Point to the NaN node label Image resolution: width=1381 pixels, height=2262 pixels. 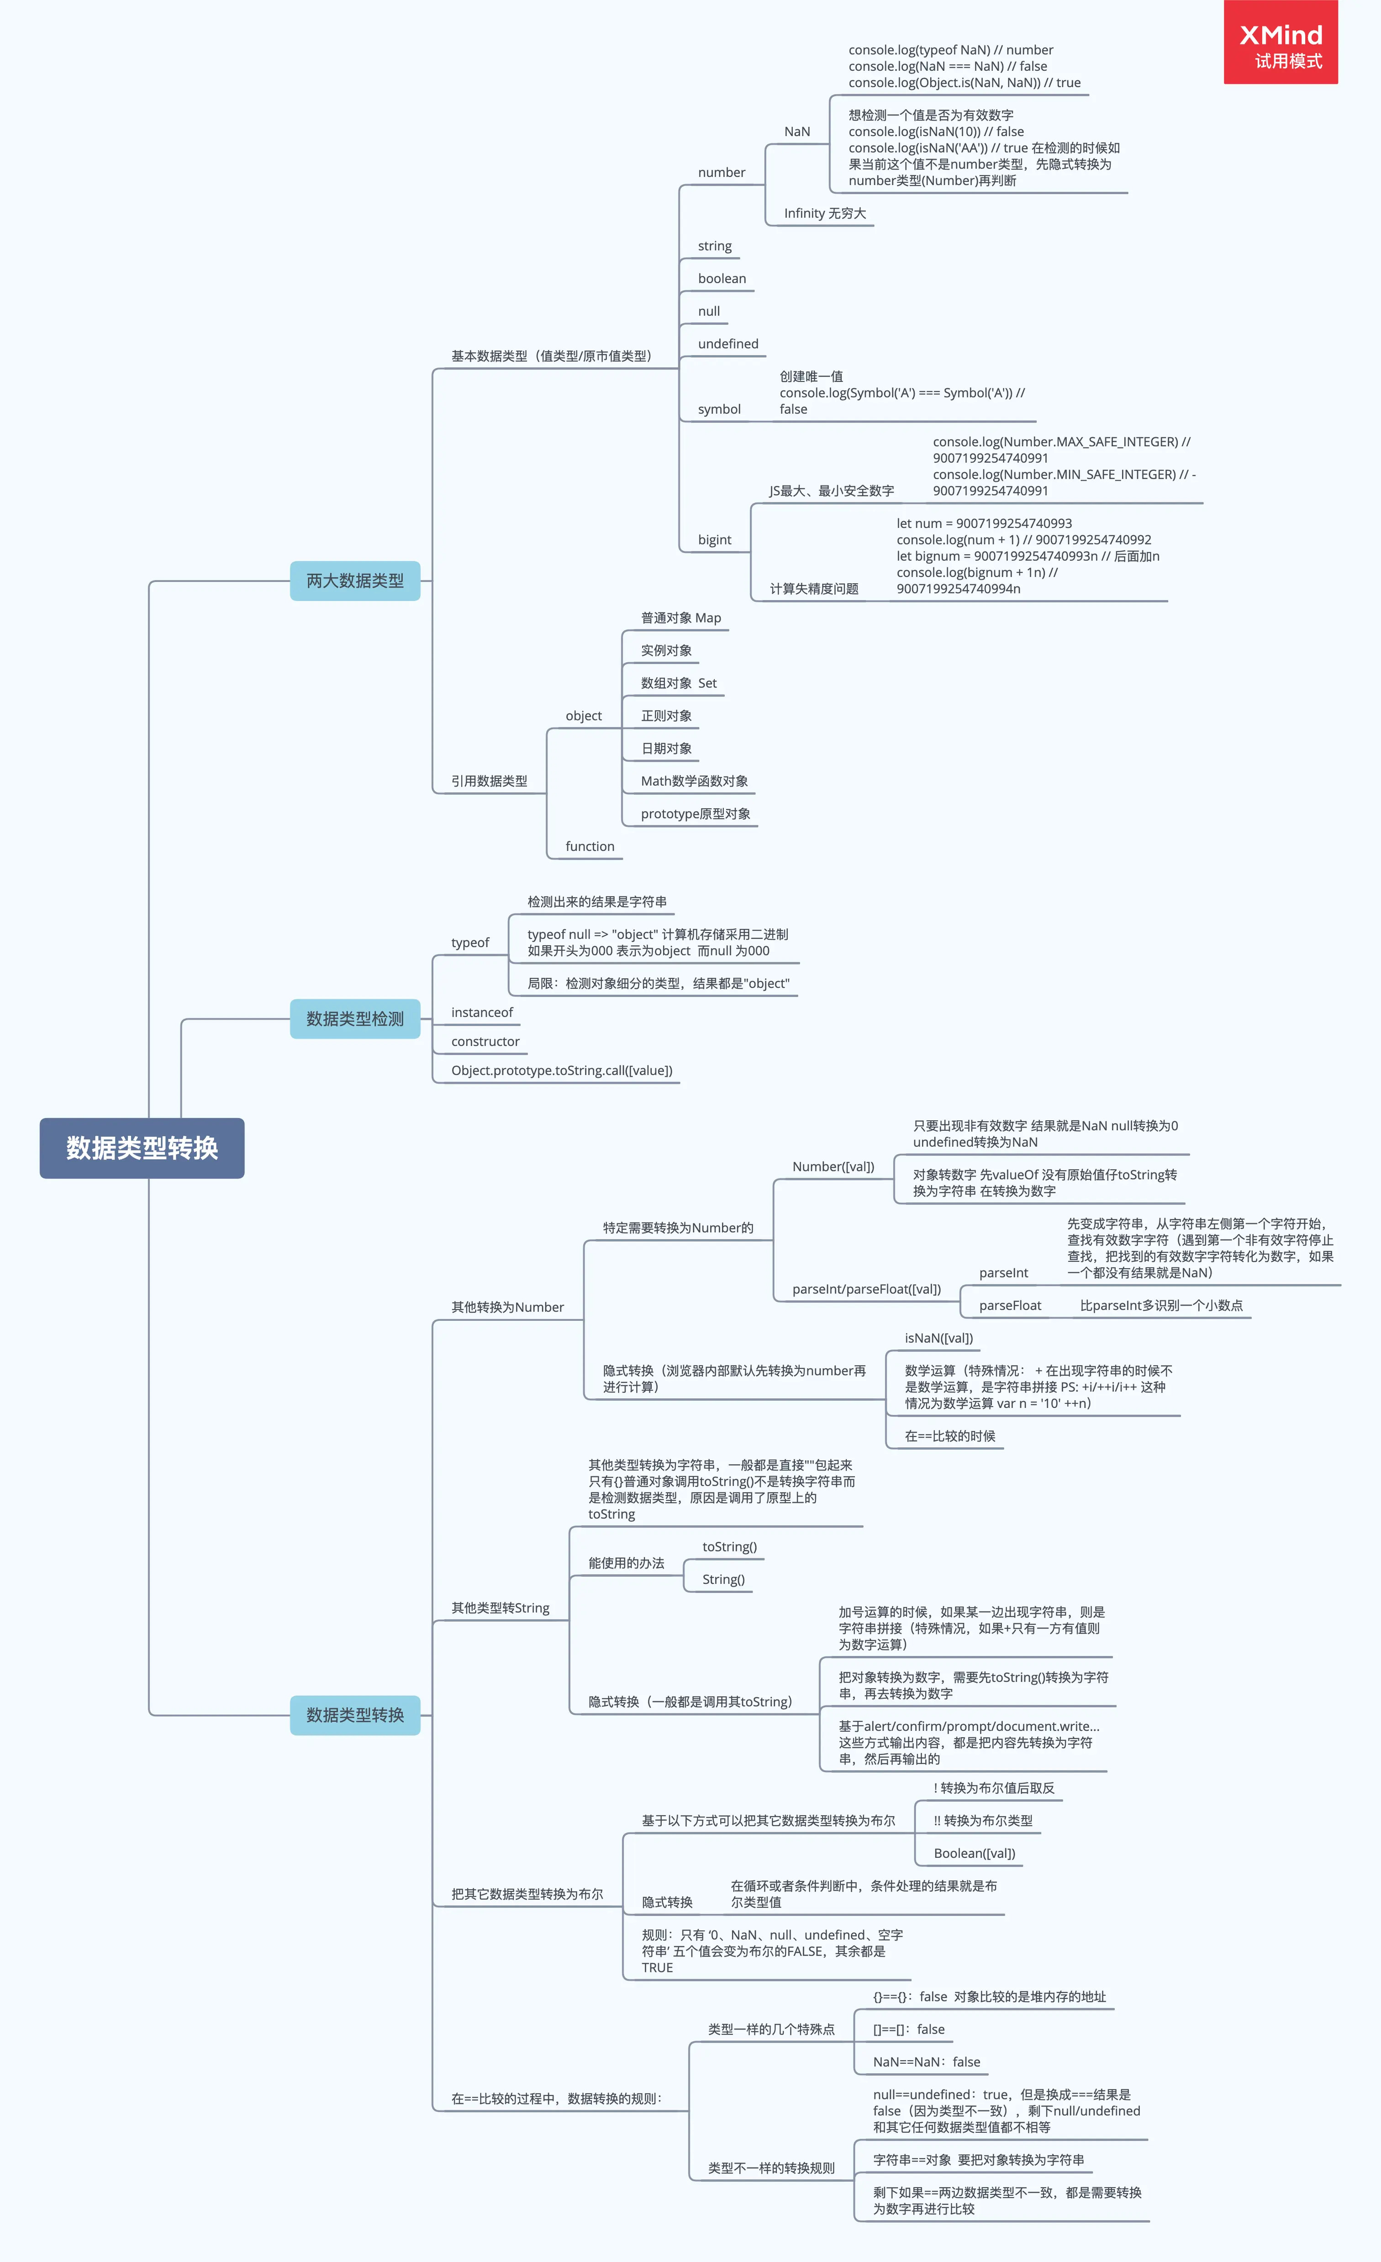coord(797,131)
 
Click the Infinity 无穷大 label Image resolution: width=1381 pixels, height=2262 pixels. coord(825,213)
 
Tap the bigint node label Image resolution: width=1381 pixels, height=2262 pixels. coord(714,540)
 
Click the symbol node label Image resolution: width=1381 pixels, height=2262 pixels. coord(719,410)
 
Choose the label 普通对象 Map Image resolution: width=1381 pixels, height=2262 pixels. coord(680,618)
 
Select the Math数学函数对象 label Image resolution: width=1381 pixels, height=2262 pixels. coord(694,781)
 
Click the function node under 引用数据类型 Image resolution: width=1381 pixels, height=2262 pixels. coord(590,846)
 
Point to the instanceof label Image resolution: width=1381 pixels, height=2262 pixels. coord(482,1012)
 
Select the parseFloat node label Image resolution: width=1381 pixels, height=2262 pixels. coord(1010,1305)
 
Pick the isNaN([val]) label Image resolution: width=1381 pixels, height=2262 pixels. coord(938,1339)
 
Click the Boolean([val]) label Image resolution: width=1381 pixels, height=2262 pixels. coord(974,1853)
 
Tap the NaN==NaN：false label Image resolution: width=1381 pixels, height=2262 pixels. coord(927,2062)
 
